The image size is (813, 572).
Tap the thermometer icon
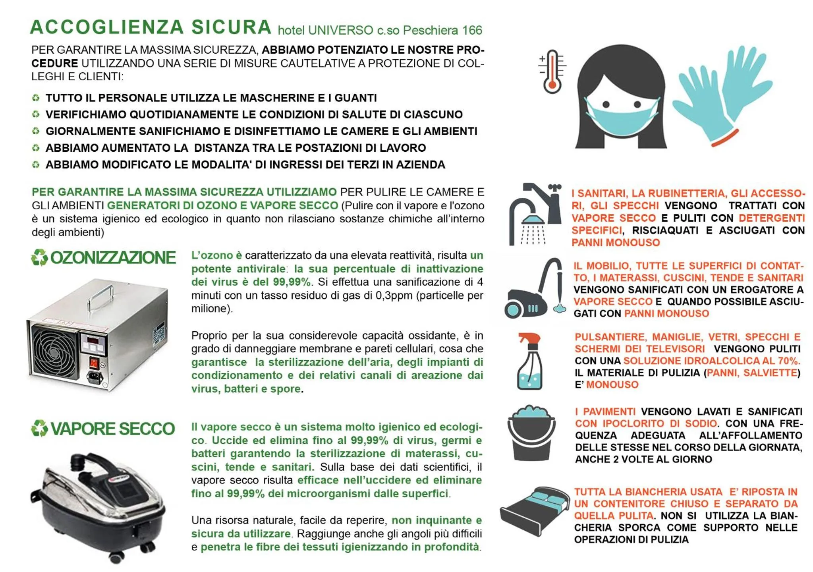pos(552,71)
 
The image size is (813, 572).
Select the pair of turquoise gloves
pos(723,93)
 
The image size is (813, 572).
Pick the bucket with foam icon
pos(531,433)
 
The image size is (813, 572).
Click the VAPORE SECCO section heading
pos(112,429)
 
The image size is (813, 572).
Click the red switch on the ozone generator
pos(94,362)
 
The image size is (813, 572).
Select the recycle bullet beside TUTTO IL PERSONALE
pos(36,98)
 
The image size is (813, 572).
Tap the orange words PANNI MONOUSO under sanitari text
pos(615,243)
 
